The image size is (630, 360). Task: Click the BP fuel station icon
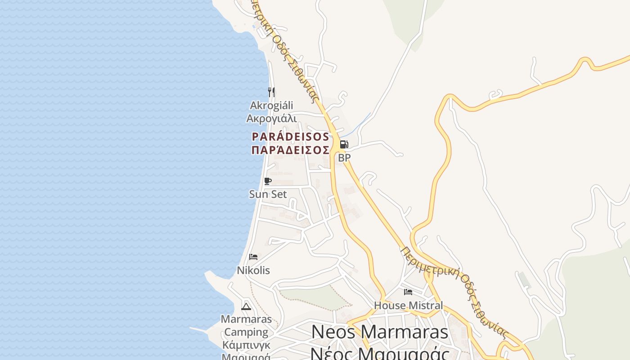[x=344, y=144]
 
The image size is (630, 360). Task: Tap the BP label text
[x=344, y=158]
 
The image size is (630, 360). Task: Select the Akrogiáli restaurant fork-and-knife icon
[x=271, y=92]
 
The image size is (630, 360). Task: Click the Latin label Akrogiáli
[x=271, y=105]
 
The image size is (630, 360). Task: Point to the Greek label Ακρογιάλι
[x=271, y=118]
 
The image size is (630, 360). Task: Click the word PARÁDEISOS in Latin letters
[x=290, y=136]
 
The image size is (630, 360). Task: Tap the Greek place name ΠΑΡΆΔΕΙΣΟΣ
[x=290, y=150]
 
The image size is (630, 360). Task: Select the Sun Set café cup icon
[x=268, y=181]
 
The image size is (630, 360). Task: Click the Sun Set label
[x=268, y=194]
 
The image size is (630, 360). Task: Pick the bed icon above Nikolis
[x=253, y=257]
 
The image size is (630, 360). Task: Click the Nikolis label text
[x=253, y=270]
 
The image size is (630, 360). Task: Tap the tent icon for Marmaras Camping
[x=246, y=306]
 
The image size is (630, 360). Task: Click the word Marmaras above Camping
[x=246, y=319]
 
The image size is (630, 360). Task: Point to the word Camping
[x=246, y=332]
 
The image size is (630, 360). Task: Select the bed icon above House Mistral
[x=408, y=292]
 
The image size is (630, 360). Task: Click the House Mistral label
[x=408, y=305]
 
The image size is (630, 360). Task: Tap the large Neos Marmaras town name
[x=379, y=332]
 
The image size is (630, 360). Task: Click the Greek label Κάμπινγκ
[x=246, y=345]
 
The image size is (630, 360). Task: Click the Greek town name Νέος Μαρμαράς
[x=379, y=353]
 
